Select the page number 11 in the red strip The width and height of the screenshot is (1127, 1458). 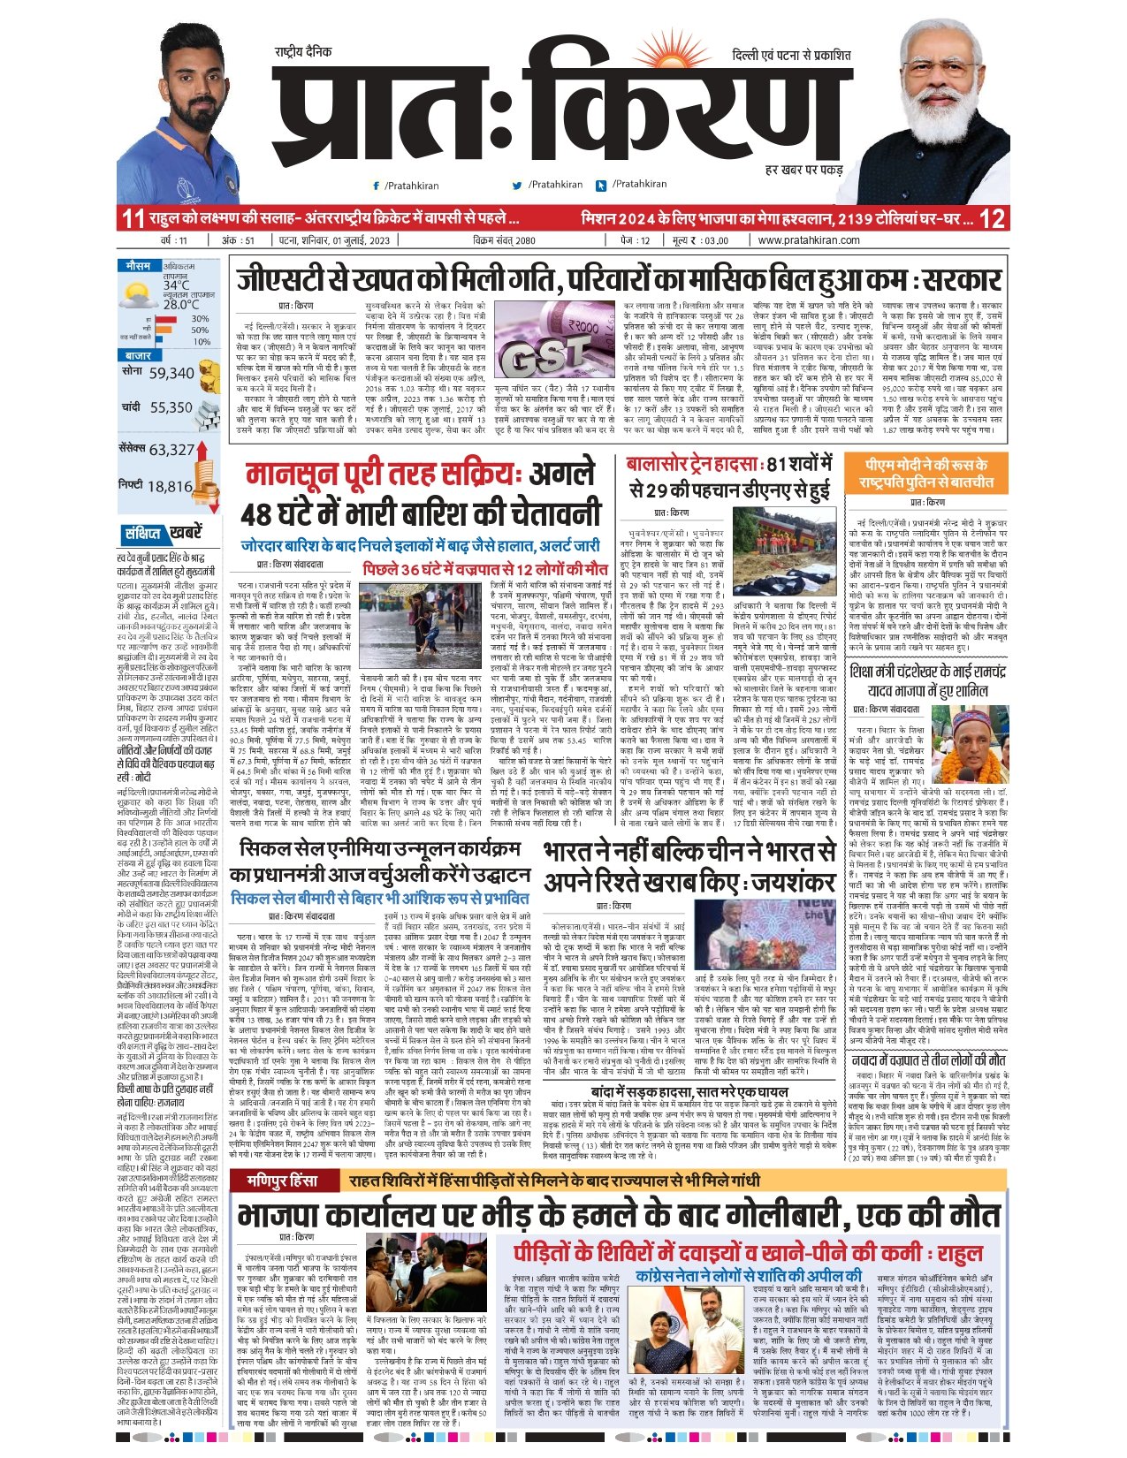(x=133, y=218)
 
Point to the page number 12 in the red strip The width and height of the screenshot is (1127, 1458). (x=993, y=218)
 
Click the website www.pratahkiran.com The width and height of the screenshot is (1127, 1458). (x=808, y=240)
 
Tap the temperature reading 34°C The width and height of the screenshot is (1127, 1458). (x=175, y=285)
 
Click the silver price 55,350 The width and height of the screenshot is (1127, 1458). (x=171, y=407)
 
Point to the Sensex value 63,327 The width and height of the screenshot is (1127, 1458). (x=171, y=450)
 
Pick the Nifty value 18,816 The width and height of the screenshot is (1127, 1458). (x=170, y=486)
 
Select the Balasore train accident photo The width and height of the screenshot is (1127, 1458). (x=785, y=555)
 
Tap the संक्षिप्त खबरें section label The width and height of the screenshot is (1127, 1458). (x=163, y=533)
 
